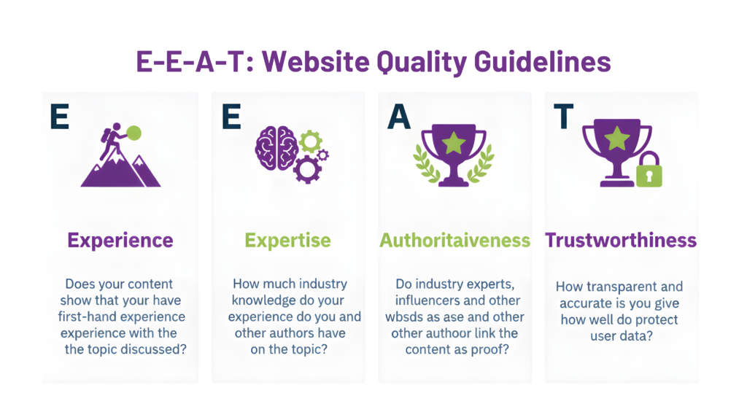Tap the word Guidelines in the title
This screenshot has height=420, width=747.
(x=542, y=61)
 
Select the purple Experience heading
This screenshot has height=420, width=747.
(x=120, y=241)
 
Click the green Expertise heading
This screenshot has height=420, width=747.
(x=287, y=241)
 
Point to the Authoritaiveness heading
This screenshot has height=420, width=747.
(x=455, y=241)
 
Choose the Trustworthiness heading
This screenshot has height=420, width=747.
(x=621, y=241)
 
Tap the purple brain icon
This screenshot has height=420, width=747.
(x=276, y=148)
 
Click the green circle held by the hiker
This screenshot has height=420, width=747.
(x=134, y=133)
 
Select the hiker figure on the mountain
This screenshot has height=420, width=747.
(x=111, y=141)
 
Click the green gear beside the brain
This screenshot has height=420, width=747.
(x=311, y=141)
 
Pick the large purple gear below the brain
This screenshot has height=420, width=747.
(x=307, y=169)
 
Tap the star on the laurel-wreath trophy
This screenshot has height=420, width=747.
(x=454, y=142)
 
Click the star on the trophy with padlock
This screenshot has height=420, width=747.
(x=617, y=138)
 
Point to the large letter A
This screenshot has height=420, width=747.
(x=399, y=117)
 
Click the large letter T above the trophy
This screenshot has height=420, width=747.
(x=563, y=117)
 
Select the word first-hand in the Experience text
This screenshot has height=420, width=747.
(x=83, y=317)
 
